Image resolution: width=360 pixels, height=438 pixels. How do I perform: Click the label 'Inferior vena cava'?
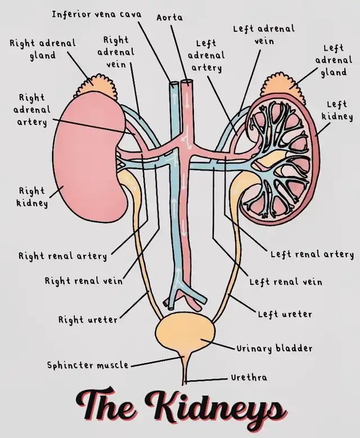pyautogui.click(x=96, y=14)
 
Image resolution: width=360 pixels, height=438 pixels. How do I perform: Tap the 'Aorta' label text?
pyautogui.click(x=169, y=17)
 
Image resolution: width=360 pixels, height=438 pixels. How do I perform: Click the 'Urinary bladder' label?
pyautogui.click(x=274, y=348)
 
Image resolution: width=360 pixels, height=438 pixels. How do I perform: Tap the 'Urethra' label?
pyautogui.click(x=249, y=377)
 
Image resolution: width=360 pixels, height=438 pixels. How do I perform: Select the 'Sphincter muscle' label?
pyautogui.click(x=88, y=365)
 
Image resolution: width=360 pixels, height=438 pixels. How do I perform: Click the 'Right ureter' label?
pyautogui.click(x=88, y=320)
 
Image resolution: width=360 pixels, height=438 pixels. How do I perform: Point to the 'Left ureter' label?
pyautogui.click(x=285, y=314)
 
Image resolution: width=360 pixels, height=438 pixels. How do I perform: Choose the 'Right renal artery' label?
pyautogui.click(x=62, y=256)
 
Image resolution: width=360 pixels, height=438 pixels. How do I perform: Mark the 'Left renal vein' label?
pyautogui.click(x=286, y=281)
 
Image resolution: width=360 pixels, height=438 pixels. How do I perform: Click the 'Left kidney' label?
pyautogui.click(x=337, y=110)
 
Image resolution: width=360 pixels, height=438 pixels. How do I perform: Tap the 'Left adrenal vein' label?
pyautogui.click(x=263, y=34)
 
